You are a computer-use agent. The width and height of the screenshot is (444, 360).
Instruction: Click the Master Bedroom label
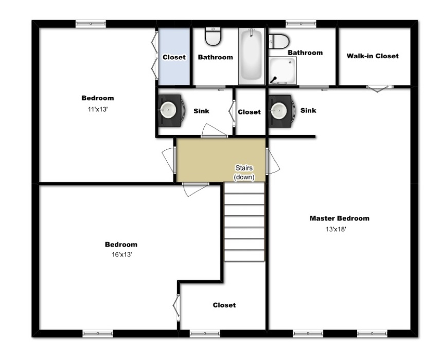pos(339,218)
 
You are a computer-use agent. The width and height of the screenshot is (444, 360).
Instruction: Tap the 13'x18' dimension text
pos(335,230)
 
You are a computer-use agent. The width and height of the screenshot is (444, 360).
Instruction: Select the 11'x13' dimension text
pos(97,109)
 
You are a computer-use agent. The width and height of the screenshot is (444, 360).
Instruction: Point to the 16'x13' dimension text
pos(121,254)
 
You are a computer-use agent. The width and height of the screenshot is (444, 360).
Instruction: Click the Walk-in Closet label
pos(372,56)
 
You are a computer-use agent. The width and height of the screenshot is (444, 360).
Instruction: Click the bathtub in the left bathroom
pos(251,56)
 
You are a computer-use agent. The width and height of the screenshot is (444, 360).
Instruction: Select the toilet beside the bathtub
pos(212,36)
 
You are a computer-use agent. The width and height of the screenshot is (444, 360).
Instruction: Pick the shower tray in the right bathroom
pos(282,70)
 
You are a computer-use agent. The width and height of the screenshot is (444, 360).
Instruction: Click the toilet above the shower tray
pos(279,41)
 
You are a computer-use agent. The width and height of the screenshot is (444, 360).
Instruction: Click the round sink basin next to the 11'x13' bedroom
pos(168,109)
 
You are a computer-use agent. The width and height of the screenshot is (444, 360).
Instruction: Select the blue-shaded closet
pos(174,57)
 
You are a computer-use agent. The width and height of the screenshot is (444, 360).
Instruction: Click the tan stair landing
pos(206,160)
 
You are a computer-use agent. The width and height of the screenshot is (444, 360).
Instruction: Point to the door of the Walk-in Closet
pos(378,88)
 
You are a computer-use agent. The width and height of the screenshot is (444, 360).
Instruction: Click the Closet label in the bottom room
pos(224,305)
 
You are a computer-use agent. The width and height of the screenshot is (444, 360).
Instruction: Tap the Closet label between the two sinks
pos(250,112)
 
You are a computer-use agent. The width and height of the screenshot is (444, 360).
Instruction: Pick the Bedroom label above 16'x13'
pos(121,245)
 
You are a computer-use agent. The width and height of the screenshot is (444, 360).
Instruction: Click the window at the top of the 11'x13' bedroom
pos(91,23)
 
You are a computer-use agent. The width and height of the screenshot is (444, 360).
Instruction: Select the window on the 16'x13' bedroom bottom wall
pos(98,334)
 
